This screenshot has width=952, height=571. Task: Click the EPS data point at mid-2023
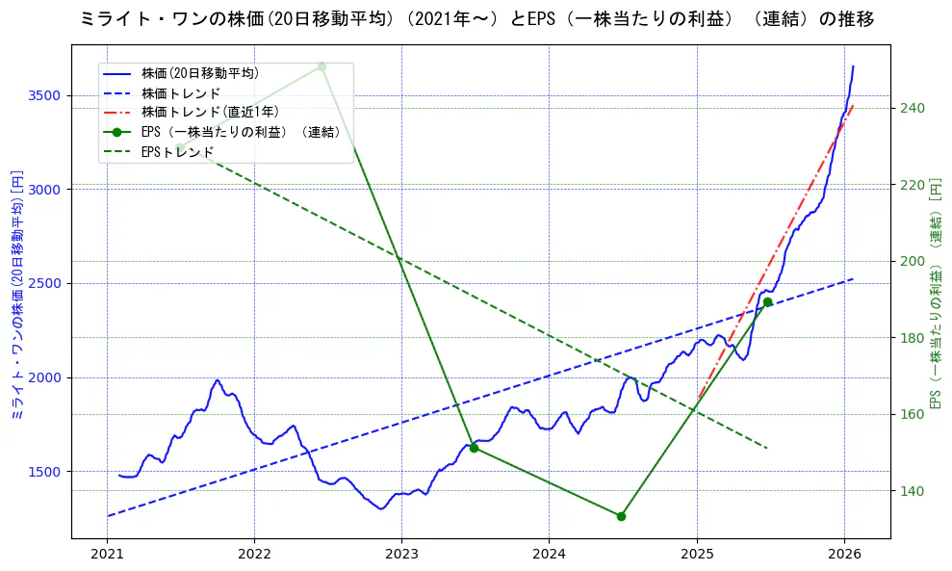coord(474,448)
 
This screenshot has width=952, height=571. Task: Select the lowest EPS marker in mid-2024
coord(621,516)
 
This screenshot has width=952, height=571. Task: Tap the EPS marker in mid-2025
coord(767,302)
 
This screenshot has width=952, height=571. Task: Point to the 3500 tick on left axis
coord(46,95)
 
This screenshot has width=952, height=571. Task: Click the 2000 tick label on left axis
coord(46,377)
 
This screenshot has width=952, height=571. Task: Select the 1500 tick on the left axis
coord(46,472)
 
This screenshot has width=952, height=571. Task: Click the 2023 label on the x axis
coord(401,555)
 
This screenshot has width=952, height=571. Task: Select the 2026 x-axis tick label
coord(844,555)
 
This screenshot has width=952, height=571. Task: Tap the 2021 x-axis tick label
coord(107,555)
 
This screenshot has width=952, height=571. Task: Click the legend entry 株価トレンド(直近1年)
coord(209,112)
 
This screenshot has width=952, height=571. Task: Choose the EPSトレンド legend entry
coord(177,152)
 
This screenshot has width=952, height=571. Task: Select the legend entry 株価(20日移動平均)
coord(199,72)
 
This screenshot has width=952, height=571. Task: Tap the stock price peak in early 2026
coord(853,66)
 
